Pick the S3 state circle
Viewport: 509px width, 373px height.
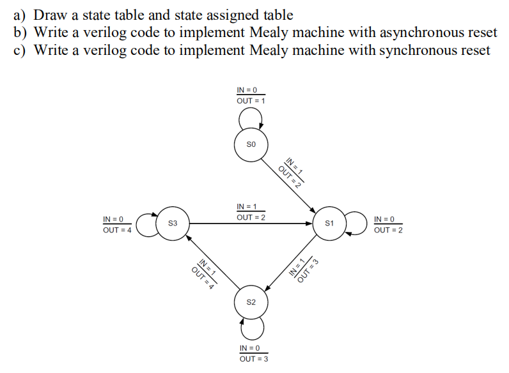tap(172, 224)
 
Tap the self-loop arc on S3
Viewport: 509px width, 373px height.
tap(143, 224)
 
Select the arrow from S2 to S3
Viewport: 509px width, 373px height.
tap(211, 263)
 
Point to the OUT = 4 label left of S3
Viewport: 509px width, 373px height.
tap(117, 231)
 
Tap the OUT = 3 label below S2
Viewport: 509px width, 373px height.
tap(254, 359)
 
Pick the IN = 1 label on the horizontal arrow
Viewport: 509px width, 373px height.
tap(246, 206)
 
